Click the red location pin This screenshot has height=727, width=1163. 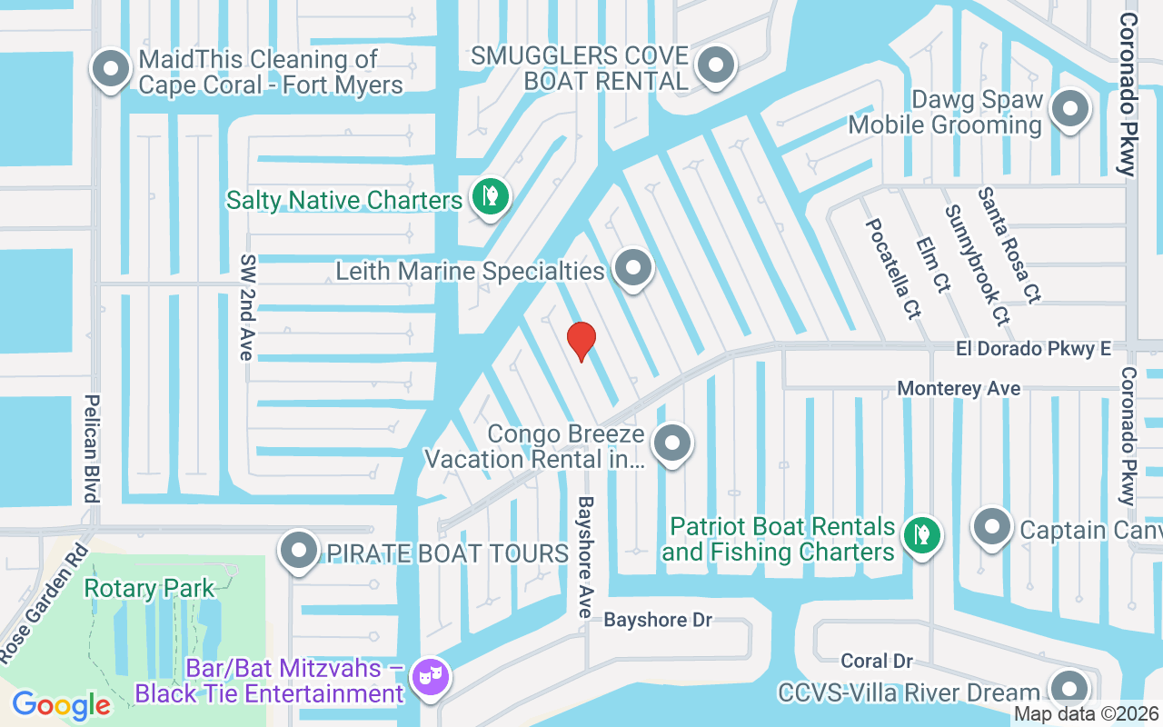[x=581, y=341]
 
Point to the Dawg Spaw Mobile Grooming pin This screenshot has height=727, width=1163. [x=1069, y=109]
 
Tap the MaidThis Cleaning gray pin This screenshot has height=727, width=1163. [x=113, y=69]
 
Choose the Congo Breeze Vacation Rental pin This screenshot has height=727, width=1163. [x=672, y=444]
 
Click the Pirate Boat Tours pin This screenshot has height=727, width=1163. [x=299, y=551]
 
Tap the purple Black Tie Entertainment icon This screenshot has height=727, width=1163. [x=425, y=678]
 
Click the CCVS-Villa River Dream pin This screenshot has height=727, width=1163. [x=1069, y=689]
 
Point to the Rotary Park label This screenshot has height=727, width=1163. [x=150, y=588]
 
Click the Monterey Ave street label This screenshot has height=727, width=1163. [x=959, y=389]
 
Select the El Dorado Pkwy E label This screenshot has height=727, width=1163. [x=1033, y=348]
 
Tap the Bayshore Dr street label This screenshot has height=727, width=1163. [x=658, y=620]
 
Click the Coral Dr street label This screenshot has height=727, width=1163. [x=876, y=661]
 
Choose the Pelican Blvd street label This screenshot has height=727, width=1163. [x=92, y=448]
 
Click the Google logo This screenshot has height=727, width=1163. [x=62, y=704]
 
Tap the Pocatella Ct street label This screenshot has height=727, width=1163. [x=893, y=268]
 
